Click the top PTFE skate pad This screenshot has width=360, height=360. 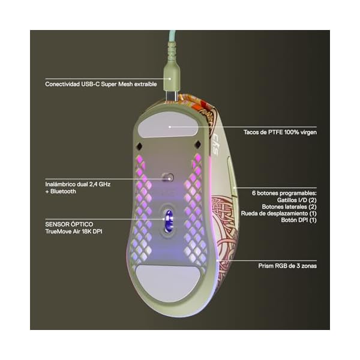tap(170, 127)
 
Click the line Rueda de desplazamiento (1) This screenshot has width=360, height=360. tap(278, 214)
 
